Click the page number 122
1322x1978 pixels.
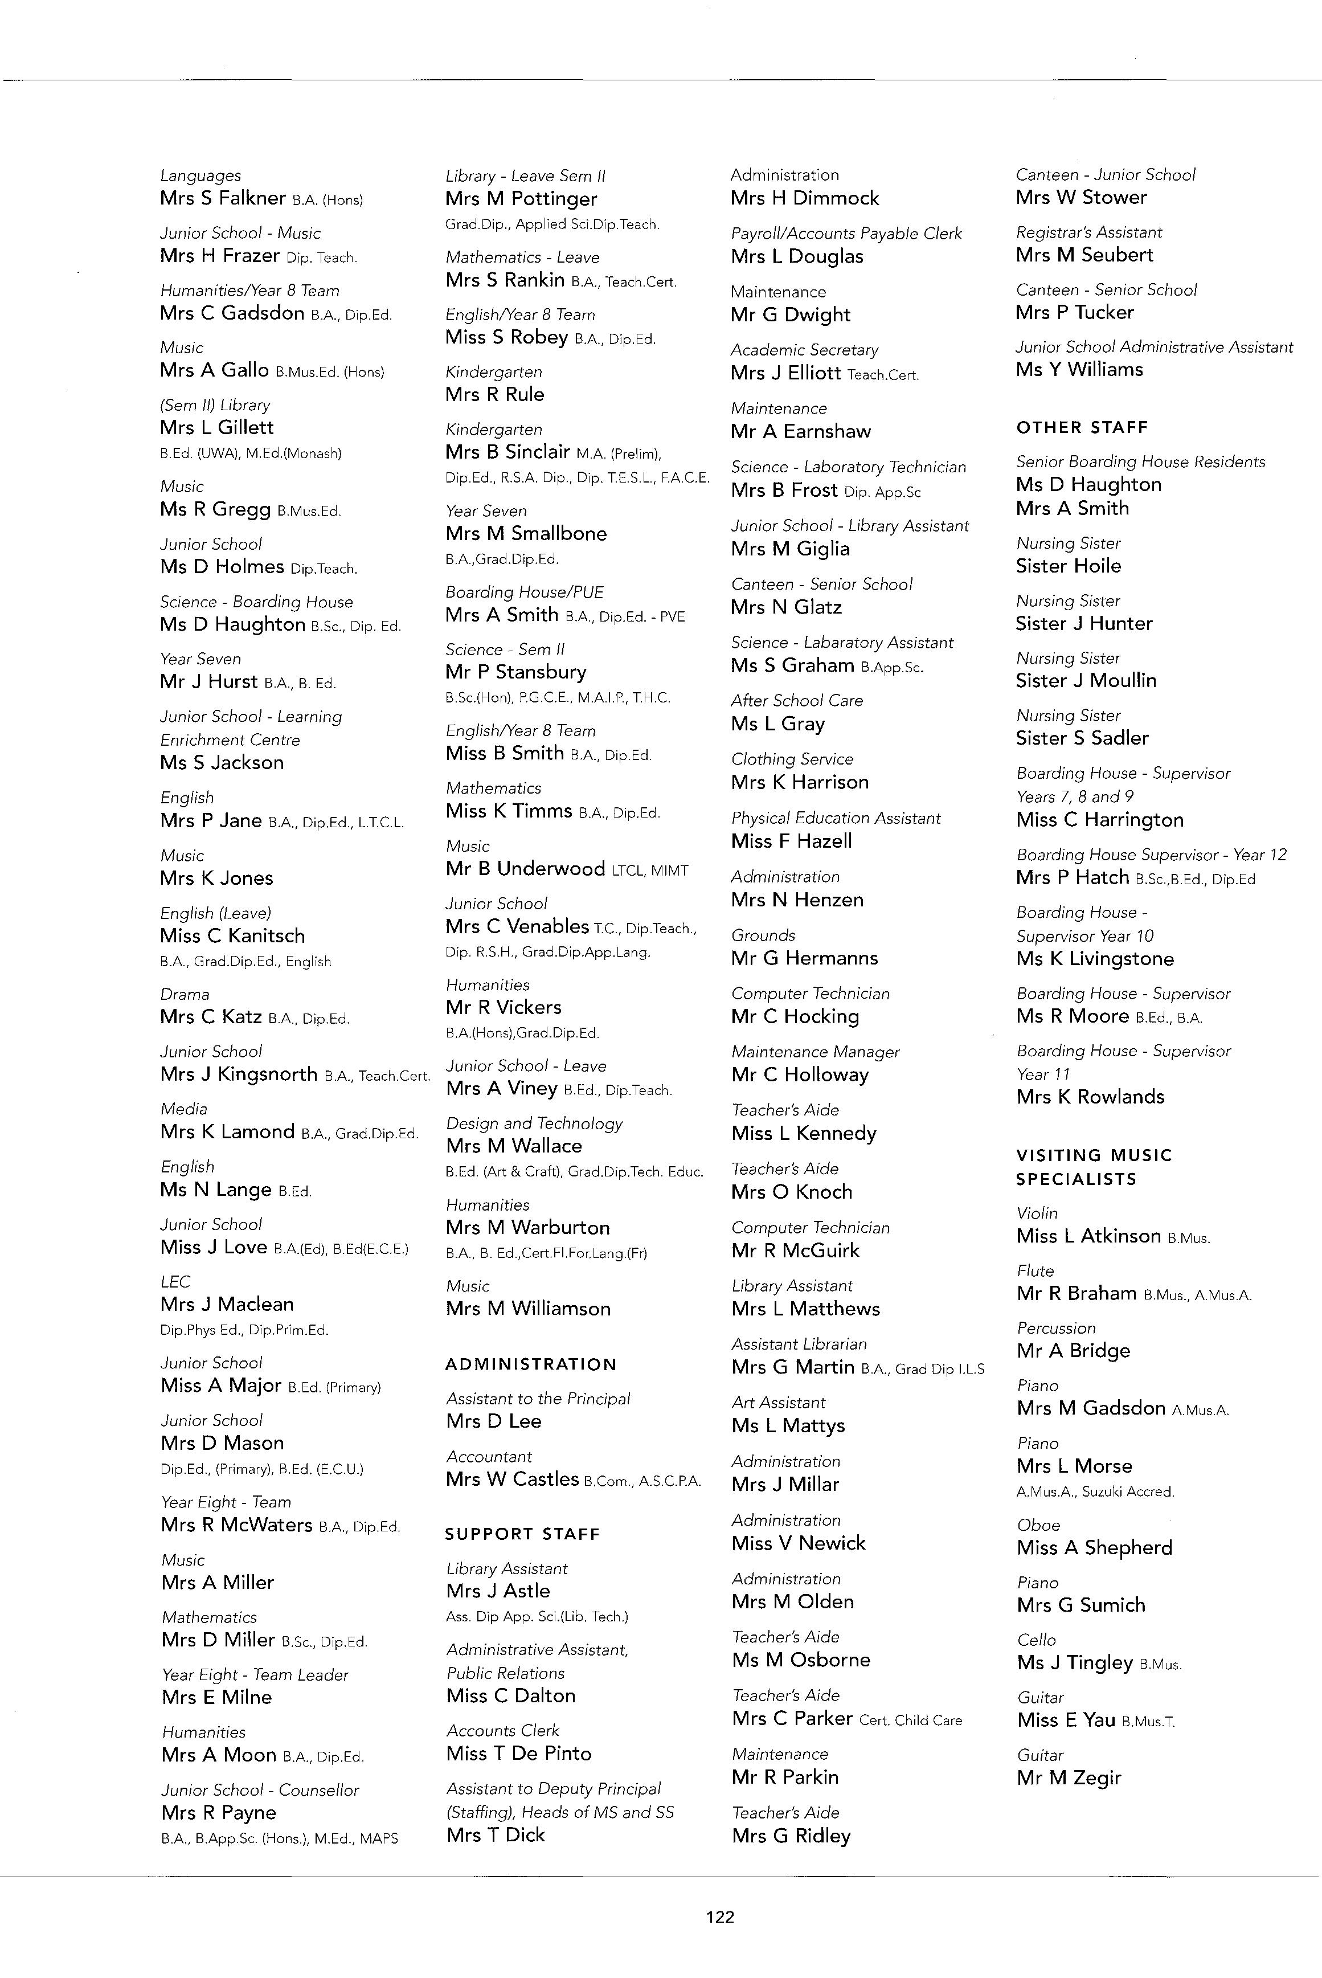point(719,1916)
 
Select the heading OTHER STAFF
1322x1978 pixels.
point(1082,427)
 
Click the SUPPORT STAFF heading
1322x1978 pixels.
point(522,1534)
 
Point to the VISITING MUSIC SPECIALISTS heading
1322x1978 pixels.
point(1094,1167)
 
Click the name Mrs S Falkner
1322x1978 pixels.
point(223,198)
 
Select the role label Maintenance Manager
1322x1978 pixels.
point(815,1052)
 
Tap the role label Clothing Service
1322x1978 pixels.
point(792,759)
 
